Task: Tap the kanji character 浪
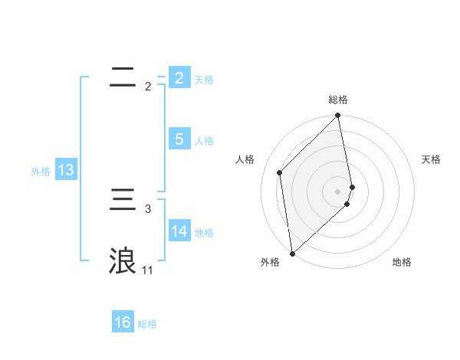[123, 260]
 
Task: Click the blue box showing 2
[179, 77]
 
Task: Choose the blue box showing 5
[179, 139]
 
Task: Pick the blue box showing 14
[179, 231]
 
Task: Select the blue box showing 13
[66, 170]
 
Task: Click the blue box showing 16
[123, 322]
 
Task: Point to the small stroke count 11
[147, 270]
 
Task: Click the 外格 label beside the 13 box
[41, 172]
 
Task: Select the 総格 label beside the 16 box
[147, 324]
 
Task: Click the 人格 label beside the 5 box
[204, 141]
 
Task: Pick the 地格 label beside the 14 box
[204, 233]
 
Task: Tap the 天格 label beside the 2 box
[204, 79]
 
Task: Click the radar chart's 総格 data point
[338, 116]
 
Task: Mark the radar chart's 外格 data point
[292, 254]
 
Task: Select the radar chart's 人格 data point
[280, 172]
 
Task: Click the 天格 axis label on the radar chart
[431, 159]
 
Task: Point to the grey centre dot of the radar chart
[338, 191]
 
